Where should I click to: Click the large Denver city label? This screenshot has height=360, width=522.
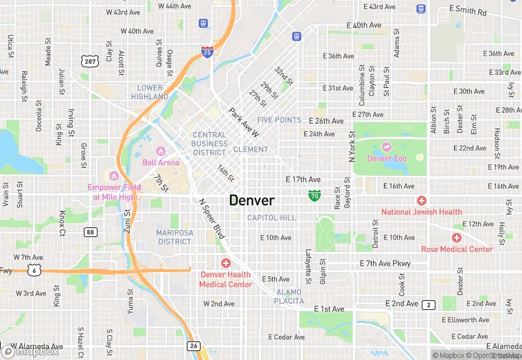(x=251, y=201)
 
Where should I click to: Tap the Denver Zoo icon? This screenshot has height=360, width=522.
(x=386, y=146)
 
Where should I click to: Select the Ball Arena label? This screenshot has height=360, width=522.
(x=161, y=163)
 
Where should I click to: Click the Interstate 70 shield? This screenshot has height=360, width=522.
(x=314, y=196)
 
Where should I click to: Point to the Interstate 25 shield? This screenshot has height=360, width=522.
(x=207, y=51)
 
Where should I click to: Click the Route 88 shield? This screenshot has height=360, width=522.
(x=91, y=232)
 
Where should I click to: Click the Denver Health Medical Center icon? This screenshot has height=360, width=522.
(x=225, y=263)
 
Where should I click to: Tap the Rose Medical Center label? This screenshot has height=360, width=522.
(x=457, y=249)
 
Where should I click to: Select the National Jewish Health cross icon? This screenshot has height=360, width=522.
(x=421, y=200)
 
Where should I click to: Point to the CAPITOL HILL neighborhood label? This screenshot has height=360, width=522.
(x=271, y=218)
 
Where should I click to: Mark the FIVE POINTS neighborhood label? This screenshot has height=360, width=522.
(x=279, y=120)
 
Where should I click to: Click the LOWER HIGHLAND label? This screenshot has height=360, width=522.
(x=150, y=92)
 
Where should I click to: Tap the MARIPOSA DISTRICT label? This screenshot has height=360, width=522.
(x=174, y=237)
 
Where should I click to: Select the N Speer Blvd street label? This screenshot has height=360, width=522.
(x=212, y=218)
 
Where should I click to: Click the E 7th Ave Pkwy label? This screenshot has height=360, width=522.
(x=385, y=264)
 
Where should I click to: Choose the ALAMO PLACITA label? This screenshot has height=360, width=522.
(x=288, y=296)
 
